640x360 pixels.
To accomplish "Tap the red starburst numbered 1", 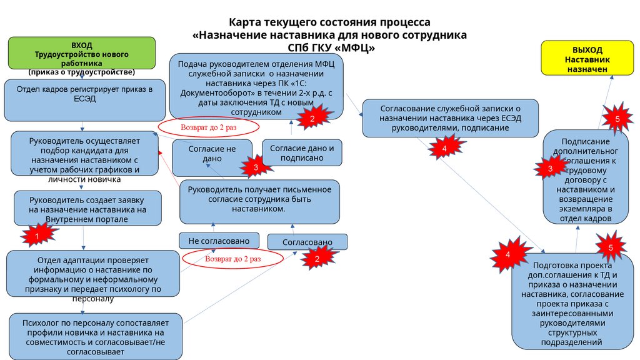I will coord(36,236).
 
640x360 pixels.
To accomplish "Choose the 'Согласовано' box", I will coord(307,242).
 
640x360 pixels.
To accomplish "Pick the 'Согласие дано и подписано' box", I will coord(302,152).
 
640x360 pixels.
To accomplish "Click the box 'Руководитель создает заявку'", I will coord(87,208).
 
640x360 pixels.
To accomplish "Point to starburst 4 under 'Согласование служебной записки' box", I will coord(444,149).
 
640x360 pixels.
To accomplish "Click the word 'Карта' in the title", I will coord(246,22).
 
